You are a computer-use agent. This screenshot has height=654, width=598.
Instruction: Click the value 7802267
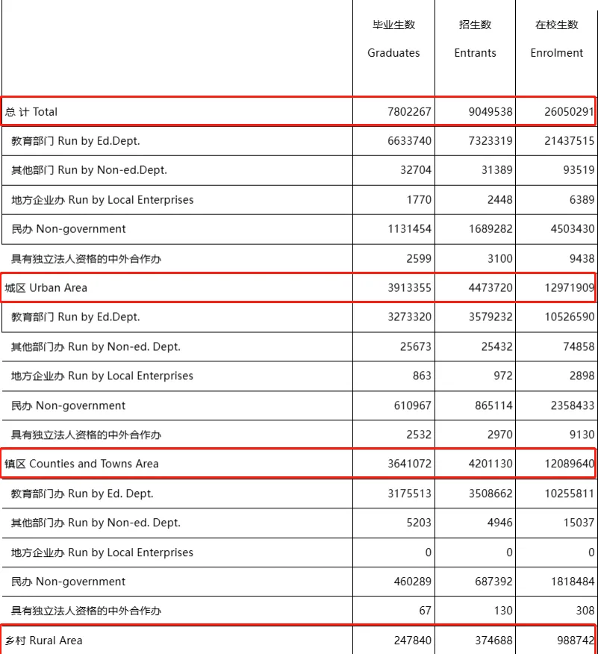point(409,112)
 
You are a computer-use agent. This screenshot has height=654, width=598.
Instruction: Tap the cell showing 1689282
point(490,229)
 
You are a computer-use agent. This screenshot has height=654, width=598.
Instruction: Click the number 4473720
point(490,287)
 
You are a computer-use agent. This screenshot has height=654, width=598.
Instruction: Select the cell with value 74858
point(579,346)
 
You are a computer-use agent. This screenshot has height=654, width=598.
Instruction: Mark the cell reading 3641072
point(409,464)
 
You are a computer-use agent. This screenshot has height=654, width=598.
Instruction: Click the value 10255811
point(569,493)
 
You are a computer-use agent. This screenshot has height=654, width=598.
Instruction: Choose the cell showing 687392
point(493,582)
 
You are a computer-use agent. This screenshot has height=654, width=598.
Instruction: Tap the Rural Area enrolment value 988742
point(576,641)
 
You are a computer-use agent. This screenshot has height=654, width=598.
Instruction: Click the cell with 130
point(502,611)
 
